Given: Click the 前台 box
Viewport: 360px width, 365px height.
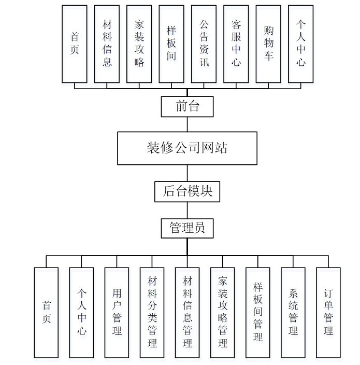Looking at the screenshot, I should click(x=187, y=107).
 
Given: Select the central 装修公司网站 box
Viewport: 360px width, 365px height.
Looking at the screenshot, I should click(x=187, y=148).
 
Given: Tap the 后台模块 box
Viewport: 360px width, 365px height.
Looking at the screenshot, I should click(x=187, y=191).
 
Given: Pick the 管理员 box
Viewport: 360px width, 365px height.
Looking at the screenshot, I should click(x=187, y=228).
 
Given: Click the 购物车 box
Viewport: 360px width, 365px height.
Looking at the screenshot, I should click(x=268, y=44).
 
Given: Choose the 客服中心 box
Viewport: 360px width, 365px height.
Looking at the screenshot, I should click(x=236, y=44).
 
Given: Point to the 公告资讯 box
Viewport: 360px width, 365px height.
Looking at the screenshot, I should click(x=204, y=44).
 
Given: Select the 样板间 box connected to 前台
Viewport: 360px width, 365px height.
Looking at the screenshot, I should click(x=171, y=44).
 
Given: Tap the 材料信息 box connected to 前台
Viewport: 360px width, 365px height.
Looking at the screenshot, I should click(x=107, y=44).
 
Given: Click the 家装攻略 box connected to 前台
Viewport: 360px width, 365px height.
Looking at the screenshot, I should click(x=139, y=44).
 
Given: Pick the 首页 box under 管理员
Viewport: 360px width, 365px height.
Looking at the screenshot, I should click(x=46, y=313).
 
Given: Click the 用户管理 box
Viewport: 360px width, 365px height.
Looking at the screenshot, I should click(x=117, y=313).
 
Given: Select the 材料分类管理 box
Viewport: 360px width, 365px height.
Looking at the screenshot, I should click(x=152, y=313).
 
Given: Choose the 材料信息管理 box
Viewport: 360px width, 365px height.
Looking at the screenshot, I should click(x=187, y=313).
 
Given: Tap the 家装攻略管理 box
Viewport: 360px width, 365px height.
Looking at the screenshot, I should click(x=222, y=313).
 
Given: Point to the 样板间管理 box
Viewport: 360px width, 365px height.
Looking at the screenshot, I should click(x=257, y=313).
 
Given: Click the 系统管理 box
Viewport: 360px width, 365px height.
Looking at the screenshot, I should click(x=293, y=313).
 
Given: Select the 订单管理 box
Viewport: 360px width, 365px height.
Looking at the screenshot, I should click(x=328, y=313).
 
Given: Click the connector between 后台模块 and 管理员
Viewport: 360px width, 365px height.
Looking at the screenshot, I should click(x=187, y=210).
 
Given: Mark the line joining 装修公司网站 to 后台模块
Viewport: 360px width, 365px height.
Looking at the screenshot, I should click(x=187, y=173).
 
